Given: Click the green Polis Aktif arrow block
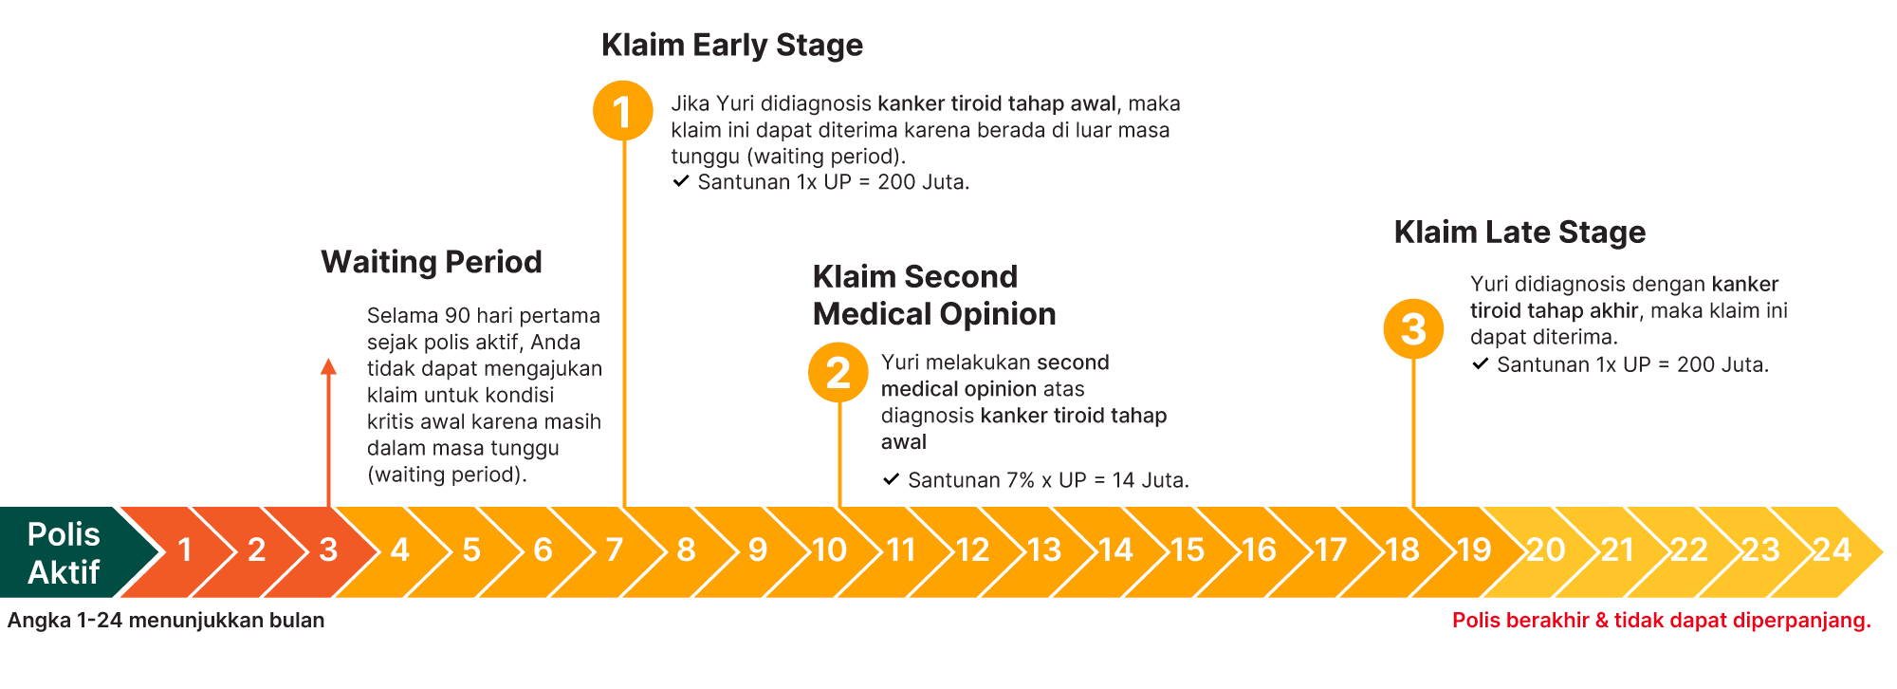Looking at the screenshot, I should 66,552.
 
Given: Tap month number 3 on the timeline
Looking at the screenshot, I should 328,550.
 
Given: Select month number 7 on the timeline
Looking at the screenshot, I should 615,550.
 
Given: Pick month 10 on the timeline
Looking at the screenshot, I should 829,550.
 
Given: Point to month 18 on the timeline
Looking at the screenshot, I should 1402,550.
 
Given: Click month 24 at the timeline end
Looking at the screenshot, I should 1832,550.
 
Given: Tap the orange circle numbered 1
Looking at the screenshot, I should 622,111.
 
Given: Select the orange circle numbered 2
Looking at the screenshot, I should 838,372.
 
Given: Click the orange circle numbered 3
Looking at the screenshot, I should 1413,328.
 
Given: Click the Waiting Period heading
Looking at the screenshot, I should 432,262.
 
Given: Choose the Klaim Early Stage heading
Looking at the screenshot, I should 732,46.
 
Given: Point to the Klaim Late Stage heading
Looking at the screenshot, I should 1519,233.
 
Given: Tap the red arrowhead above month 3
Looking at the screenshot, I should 328,367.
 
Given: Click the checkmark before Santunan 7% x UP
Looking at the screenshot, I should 891,479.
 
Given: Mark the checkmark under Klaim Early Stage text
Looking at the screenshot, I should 680,181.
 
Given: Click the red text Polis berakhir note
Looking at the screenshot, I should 1662,621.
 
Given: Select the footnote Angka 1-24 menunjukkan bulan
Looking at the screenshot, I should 166,621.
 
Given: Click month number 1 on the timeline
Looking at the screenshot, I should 185,550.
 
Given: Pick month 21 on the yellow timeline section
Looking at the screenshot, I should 1617,550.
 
